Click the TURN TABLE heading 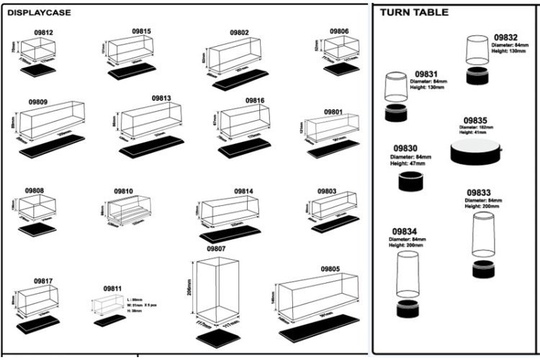click(x=414, y=12)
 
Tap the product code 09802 click(x=239, y=32)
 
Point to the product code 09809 click(x=37, y=102)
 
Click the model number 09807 click(x=217, y=248)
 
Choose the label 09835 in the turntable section click(x=475, y=120)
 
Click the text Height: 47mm click(x=410, y=163)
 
